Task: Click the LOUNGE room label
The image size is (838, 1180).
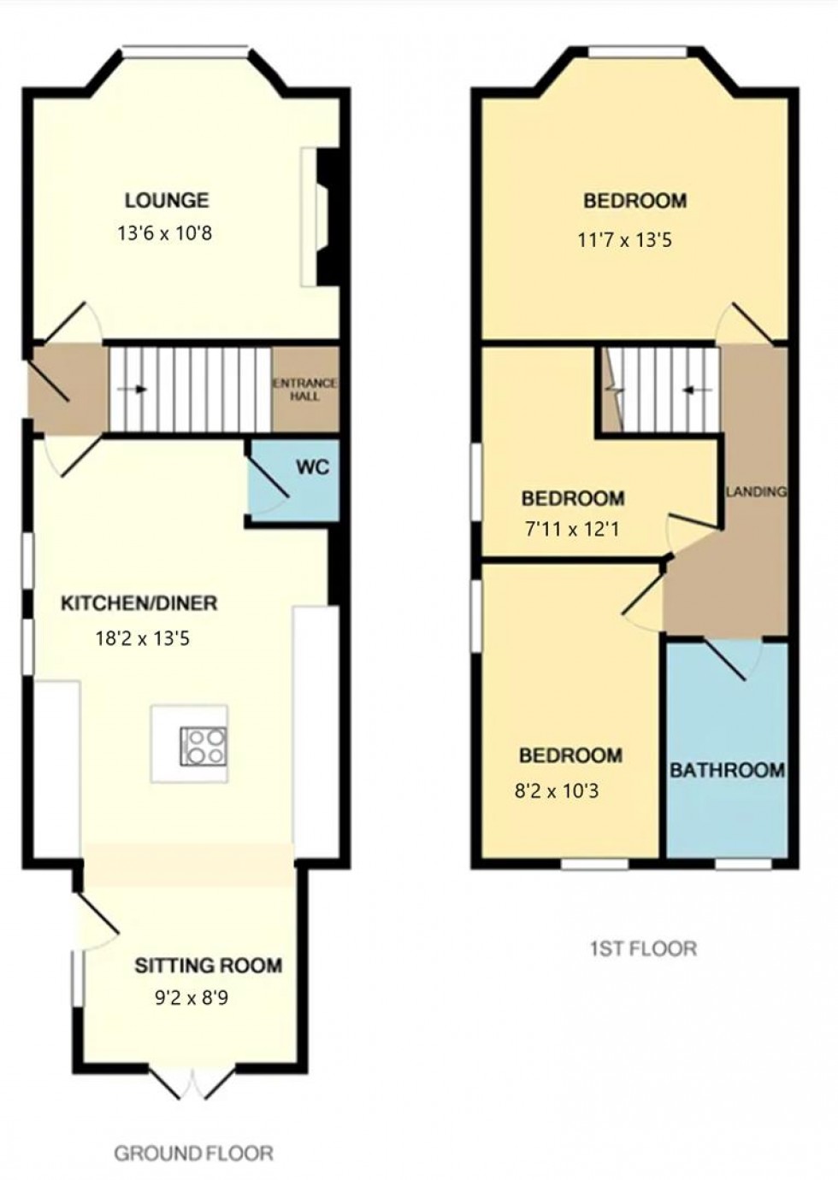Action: coord(167,200)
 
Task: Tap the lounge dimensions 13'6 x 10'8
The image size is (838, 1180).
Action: coord(164,232)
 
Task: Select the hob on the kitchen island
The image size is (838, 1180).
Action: coord(204,746)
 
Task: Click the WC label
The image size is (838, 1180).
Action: coord(312,467)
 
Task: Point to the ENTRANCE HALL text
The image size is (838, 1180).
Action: coord(304,390)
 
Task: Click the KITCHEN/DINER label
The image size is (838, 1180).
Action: coord(139,603)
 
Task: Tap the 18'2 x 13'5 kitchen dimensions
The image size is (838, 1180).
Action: coord(142,639)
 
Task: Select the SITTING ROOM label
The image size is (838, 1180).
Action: coord(209,966)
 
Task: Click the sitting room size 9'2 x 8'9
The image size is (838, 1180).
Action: coord(192,998)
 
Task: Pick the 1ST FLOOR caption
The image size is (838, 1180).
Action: coord(643,948)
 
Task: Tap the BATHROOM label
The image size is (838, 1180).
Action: coord(728,771)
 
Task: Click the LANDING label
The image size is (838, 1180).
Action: coord(757,491)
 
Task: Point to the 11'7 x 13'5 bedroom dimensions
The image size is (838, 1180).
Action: coord(625,241)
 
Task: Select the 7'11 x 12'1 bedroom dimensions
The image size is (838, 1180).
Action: coord(572,529)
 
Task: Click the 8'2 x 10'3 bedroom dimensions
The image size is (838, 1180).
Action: coord(557,790)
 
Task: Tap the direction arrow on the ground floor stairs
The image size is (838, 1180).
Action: coord(132,390)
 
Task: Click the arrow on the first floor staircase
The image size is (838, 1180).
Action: coord(698,390)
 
